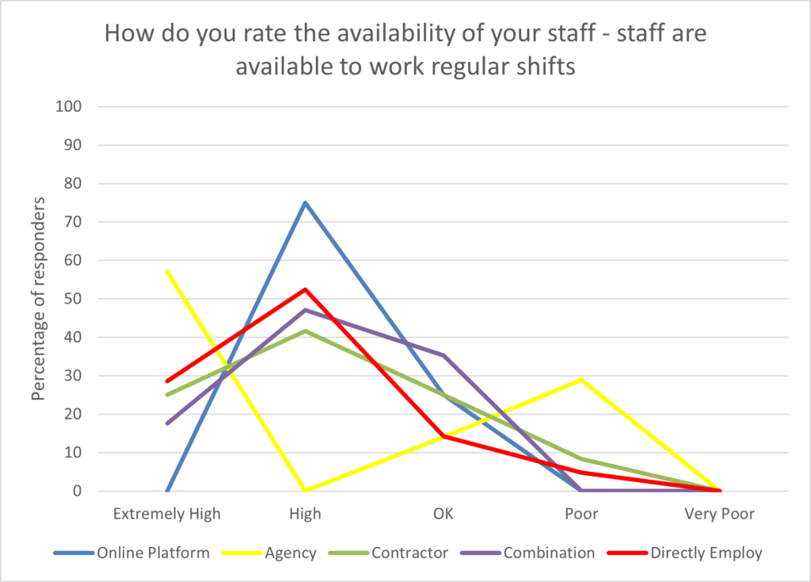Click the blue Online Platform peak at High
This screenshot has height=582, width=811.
[x=305, y=203]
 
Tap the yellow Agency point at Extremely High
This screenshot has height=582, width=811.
[x=167, y=272]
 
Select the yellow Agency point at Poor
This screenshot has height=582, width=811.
[x=582, y=380]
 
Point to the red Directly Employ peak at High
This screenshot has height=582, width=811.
[x=305, y=289]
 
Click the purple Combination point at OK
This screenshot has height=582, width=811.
[x=444, y=355]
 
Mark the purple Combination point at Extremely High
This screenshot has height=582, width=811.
[x=167, y=423]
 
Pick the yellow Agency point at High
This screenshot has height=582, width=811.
[x=305, y=491]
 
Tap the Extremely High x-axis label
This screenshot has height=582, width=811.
[x=167, y=514]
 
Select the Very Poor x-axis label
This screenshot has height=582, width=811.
[x=720, y=514]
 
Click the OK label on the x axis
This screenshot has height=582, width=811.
[x=444, y=514]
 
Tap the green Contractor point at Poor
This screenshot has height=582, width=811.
[x=582, y=459]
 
